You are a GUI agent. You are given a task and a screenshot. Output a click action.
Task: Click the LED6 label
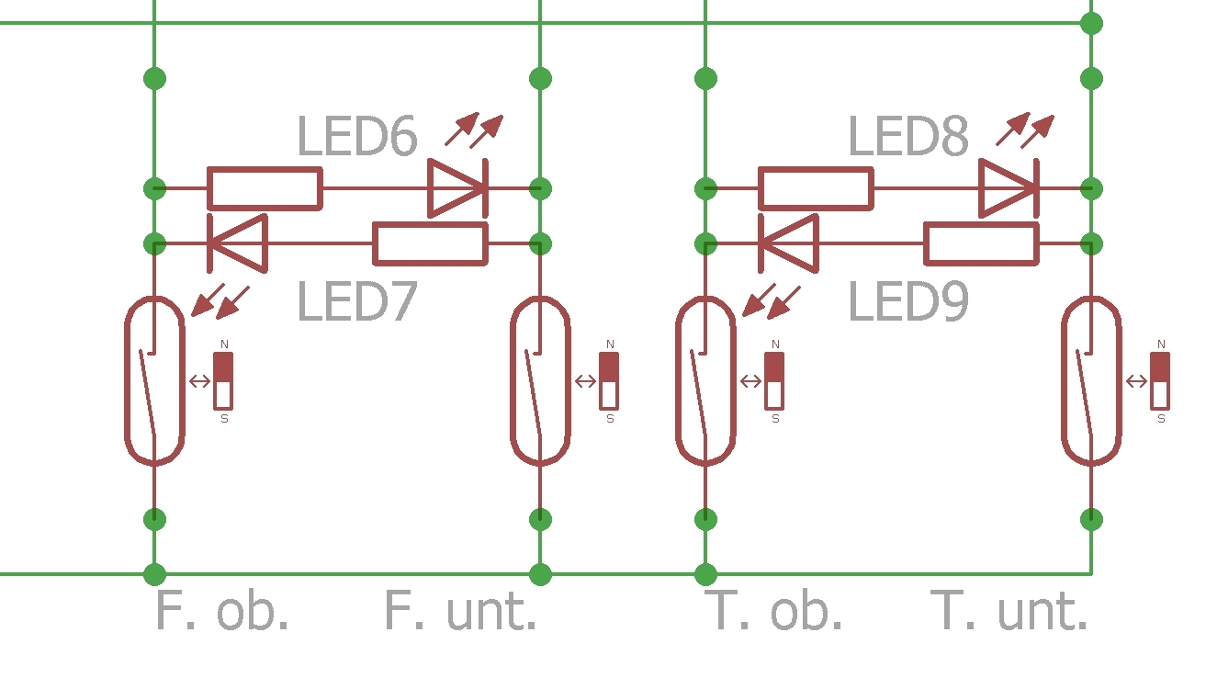coord(357,137)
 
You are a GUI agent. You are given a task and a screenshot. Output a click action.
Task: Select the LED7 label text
coord(357,302)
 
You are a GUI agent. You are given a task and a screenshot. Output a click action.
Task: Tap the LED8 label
coord(908,137)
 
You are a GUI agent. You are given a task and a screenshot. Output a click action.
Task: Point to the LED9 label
coord(908,302)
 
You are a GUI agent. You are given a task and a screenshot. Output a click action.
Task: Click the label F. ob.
coord(222,612)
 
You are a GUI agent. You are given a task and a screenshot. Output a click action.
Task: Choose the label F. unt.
coord(460,612)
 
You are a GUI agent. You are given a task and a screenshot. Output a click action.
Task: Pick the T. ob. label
coord(774,612)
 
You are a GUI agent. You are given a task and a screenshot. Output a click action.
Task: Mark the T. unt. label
coord(1009,612)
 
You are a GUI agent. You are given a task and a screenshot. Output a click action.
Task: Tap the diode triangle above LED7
coord(238,243)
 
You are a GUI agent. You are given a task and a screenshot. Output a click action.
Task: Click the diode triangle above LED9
coord(789,243)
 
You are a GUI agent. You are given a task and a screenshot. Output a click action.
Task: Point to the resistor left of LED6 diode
coord(265,188)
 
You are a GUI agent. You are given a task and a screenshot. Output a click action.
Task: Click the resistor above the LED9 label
coord(981,243)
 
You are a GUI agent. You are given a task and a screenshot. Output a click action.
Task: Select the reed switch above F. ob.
coord(154,380)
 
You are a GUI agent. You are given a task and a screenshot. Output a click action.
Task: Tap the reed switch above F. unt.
coord(540,380)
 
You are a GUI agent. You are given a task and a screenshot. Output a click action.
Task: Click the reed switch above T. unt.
coord(1091,380)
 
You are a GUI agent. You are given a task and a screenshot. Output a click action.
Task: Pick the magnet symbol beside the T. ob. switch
coord(774,380)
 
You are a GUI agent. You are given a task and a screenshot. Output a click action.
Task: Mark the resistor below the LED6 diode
coord(430,243)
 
